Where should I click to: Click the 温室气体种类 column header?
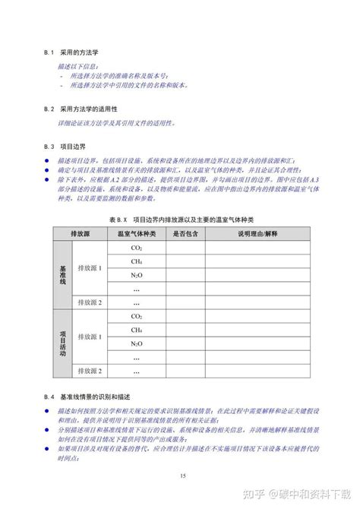tap(137, 234)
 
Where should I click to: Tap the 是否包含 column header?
tap(185, 234)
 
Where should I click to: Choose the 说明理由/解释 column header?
tap(258, 234)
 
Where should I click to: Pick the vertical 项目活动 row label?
tap(63, 343)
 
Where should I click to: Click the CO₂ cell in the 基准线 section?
tap(137, 248)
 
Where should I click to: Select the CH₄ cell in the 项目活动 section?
tap(137, 330)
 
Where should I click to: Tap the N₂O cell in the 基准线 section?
tap(137, 276)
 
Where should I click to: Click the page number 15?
tap(183, 476)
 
